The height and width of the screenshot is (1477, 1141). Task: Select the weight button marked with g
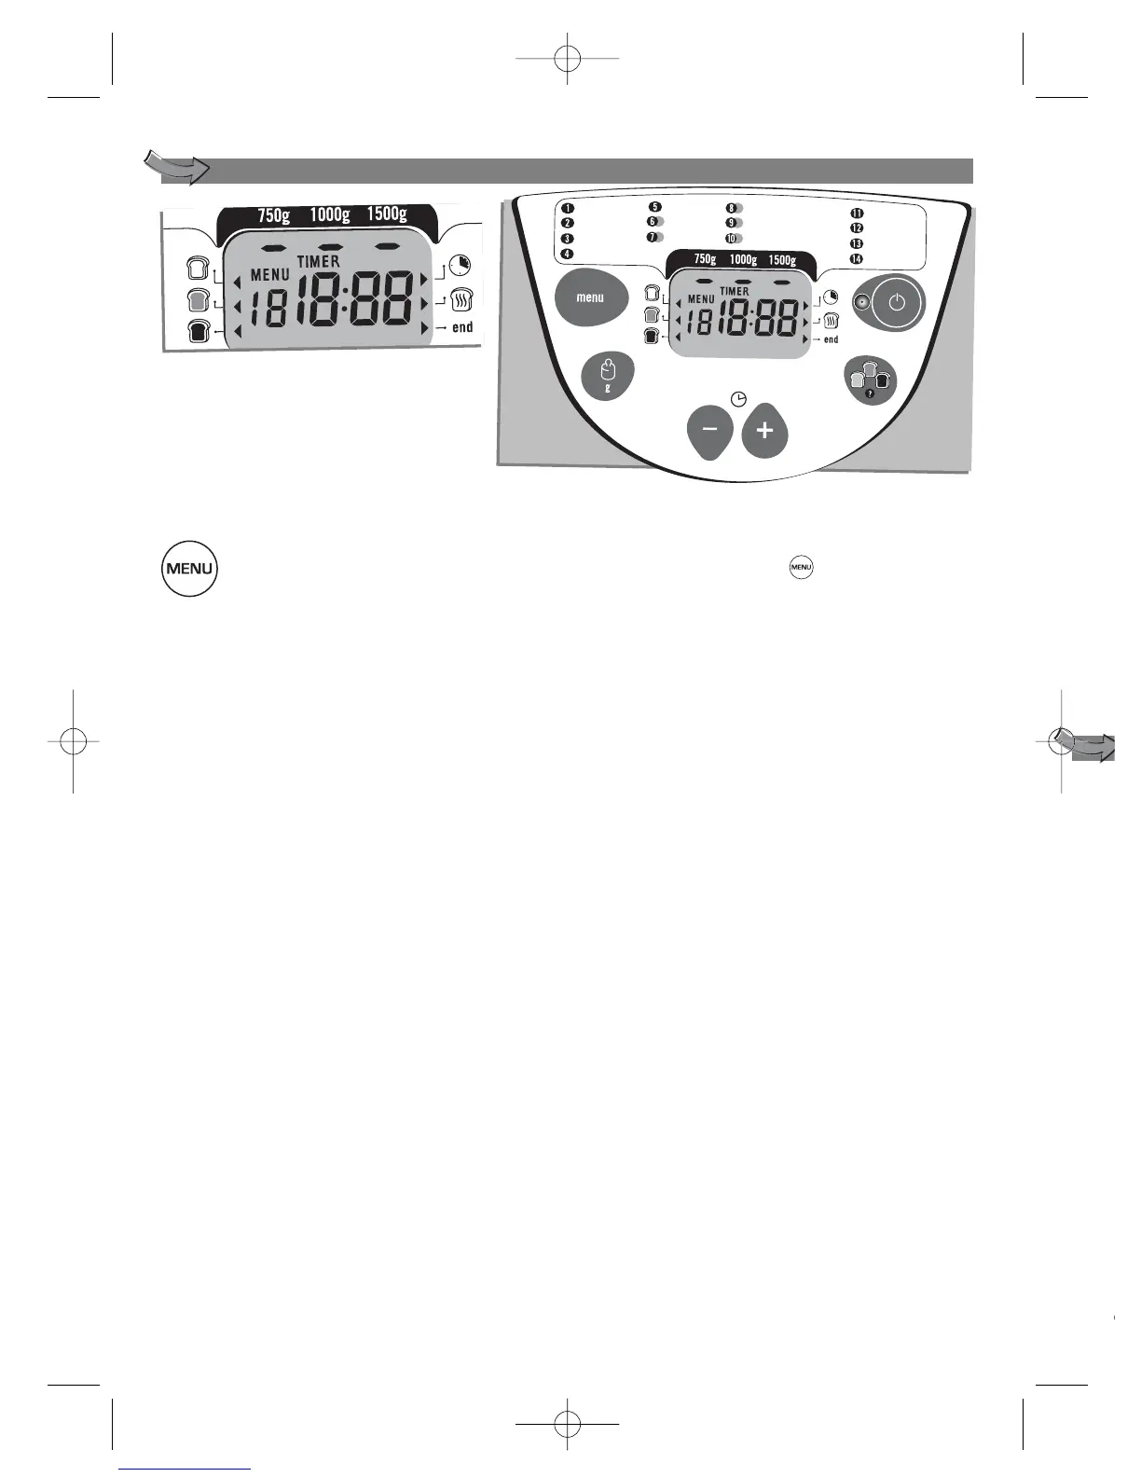pos(608,376)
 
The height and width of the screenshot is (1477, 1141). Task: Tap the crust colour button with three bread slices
pos(871,380)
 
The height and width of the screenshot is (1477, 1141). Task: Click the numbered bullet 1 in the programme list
pos(567,208)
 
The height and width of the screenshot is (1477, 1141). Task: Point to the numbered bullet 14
pos(857,258)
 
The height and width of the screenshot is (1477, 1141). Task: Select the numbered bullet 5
pos(655,207)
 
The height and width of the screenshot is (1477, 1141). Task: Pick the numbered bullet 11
pos(857,214)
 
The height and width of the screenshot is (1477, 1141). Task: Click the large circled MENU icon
pos(189,568)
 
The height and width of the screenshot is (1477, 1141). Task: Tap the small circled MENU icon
pos(801,566)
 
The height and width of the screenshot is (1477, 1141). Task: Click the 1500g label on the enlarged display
pos(386,214)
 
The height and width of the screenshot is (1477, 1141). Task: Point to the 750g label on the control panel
pos(705,260)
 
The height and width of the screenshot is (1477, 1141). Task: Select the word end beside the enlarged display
pos(462,327)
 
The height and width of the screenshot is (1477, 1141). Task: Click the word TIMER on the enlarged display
pos(319,262)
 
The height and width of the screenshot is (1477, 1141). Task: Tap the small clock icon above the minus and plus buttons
pos(738,399)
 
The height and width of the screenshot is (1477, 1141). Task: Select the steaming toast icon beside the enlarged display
pos(461,300)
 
